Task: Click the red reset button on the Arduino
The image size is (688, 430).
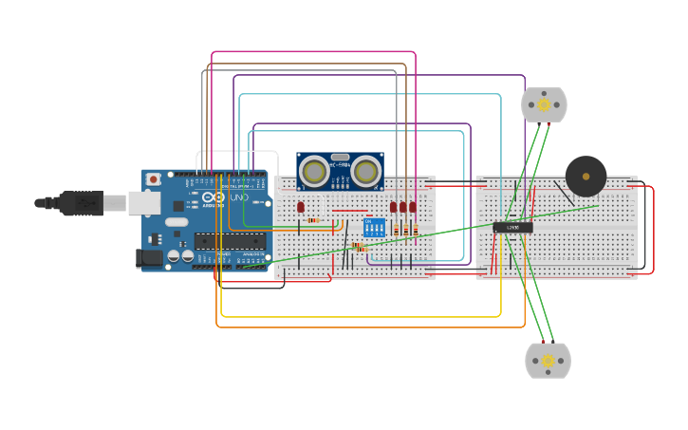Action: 153,178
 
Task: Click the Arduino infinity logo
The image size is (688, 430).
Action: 214,196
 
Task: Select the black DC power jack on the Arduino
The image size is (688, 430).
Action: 147,256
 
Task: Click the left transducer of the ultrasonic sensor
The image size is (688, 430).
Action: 313,172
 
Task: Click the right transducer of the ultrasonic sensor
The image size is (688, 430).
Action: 367,172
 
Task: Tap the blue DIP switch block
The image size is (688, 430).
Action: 374,228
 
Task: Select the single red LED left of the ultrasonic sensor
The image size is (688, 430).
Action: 301,206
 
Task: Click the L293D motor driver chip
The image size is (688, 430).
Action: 512,227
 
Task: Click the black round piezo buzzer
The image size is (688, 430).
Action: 586,176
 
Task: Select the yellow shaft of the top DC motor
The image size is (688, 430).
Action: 544,104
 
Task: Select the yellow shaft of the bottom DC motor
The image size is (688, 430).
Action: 548,361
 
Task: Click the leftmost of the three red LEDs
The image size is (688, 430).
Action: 393,206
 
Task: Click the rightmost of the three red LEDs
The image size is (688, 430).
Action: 413,206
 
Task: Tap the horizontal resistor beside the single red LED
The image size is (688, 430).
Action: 313,220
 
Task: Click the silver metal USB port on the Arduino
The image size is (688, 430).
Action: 142,201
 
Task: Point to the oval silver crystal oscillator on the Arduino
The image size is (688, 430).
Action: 177,222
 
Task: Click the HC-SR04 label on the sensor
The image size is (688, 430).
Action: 340,165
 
